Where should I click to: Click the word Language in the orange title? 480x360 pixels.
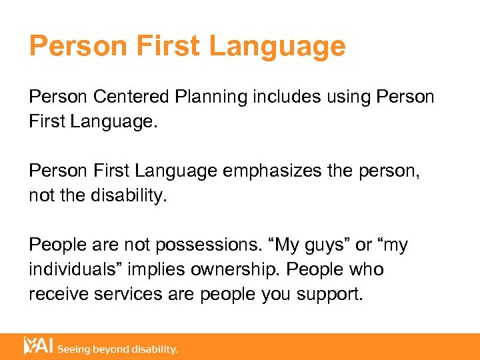tap(277, 46)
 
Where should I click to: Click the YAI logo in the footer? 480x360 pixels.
tap(38, 346)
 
